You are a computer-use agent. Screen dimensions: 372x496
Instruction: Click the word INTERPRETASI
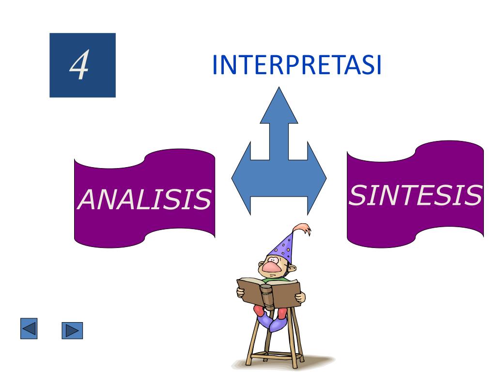click(x=297, y=65)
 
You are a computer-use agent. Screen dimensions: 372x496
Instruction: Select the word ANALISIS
click(x=144, y=199)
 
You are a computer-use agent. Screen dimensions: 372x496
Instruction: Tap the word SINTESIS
click(x=416, y=195)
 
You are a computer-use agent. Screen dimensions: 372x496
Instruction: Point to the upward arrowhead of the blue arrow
click(x=279, y=104)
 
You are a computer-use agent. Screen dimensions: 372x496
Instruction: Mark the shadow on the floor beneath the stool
click(x=315, y=361)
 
